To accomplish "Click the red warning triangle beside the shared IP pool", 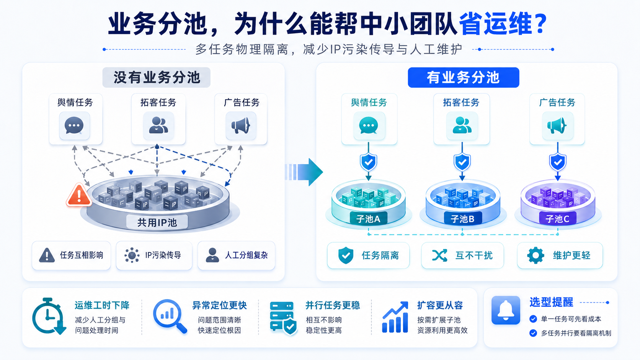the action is (x=79, y=195).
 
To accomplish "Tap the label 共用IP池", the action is (x=157, y=222).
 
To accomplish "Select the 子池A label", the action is (x=368, y=219).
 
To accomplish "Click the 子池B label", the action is (x=462, y=219).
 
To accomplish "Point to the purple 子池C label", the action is (x=557, y=219).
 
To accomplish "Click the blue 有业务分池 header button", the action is (x=463, y=77).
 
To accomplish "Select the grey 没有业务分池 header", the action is (x=157, y=77).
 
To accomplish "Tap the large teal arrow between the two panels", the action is (x=304, y=172).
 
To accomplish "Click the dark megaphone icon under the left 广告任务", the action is (x=240, y=125).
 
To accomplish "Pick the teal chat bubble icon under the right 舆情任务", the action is (x=369, y=125).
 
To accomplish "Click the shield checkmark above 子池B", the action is (x=462, y=162).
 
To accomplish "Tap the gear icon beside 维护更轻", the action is (x=536, y=255).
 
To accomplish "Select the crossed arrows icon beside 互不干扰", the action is (x=439, y=255).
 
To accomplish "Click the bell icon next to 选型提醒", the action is (x=506, y=310).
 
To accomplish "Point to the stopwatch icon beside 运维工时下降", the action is (x=49, y=316).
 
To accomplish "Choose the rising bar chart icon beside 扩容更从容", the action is (x=395, y=317).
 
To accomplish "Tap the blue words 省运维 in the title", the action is (x=495, y=23).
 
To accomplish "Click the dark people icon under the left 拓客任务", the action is (x=158, y=125).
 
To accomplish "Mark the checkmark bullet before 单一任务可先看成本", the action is (x=533, y=319).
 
